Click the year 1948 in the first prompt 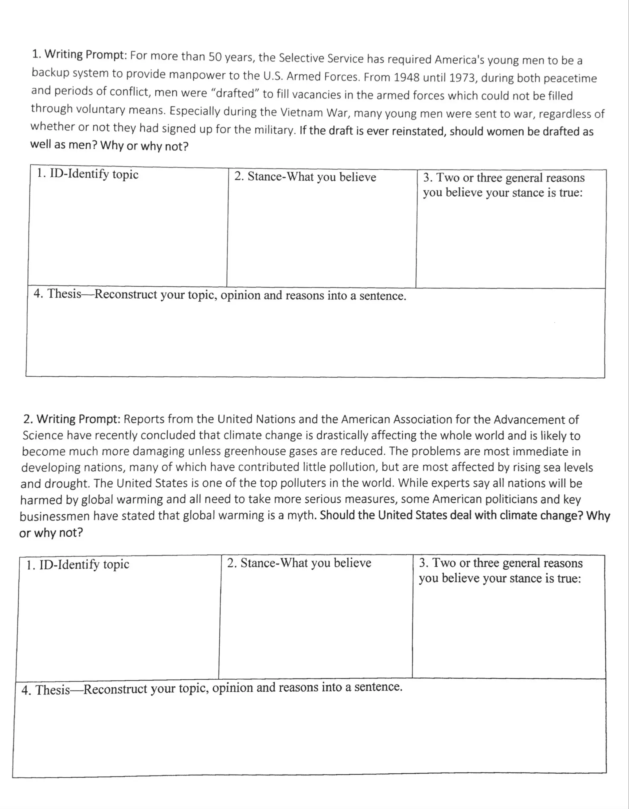pos(406,77)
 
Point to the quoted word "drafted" pos(235,93)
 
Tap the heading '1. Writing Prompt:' pos(80,54)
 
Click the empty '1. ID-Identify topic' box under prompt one pos(127,234)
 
